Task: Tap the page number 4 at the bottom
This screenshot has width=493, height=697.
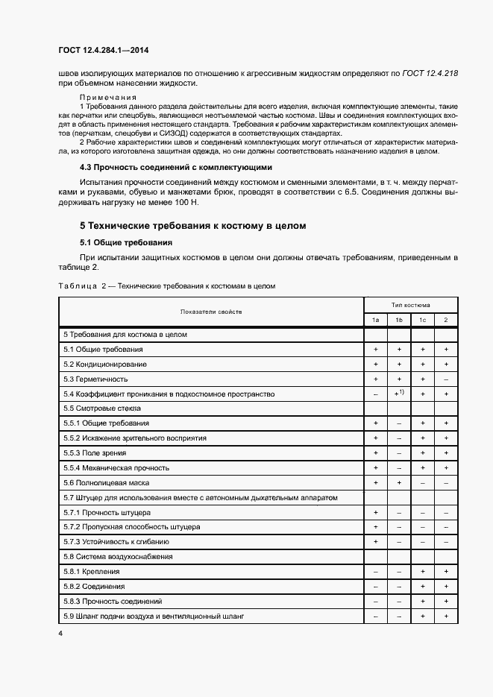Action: click(60, 633)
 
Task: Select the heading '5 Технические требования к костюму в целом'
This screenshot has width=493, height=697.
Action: click(192, 225)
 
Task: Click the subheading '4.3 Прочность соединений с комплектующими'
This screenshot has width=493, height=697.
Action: click(176, 167)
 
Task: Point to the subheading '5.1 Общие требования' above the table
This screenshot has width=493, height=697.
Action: click(126, 242)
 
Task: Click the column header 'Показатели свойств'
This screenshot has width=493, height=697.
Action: click(210, 312)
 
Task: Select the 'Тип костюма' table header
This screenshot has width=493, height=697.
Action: click(410, 304)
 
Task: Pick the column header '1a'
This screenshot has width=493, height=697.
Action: click(375, 320)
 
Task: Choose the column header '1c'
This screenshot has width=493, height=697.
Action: click(422, 320)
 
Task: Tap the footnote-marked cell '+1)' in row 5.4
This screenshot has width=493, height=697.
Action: click(399, 393)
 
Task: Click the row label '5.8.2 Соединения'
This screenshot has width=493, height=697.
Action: click(94, 586)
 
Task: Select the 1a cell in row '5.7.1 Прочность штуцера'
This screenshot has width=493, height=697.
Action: click(375, 512)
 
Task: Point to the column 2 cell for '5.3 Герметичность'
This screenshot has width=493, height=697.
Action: click(445, 379)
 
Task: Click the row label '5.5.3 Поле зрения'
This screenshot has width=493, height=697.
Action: click(95, 452)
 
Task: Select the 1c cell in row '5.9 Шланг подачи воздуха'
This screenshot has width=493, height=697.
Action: click(422, 616)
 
